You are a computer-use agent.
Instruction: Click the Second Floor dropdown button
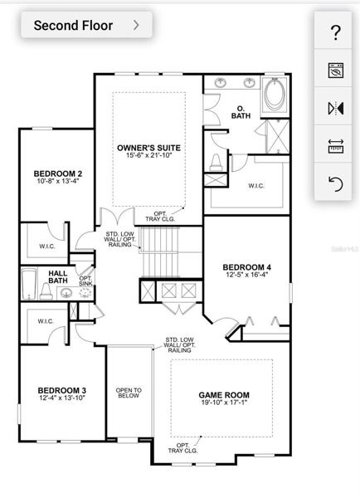(86, 25)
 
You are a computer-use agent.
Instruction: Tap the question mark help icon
(335, 32)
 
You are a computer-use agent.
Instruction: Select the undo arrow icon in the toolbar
(336, 184)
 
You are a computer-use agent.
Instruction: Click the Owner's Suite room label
(148, 148)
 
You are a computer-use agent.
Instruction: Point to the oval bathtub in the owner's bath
(275, 95)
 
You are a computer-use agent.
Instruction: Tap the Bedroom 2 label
(58, 173)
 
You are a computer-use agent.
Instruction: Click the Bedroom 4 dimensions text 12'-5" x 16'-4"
(247, 275)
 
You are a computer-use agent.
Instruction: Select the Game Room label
(224, 395)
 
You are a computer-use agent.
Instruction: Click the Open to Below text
(129, 393)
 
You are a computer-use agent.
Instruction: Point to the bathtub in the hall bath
(29, 284)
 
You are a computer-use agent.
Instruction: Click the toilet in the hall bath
(46, 291)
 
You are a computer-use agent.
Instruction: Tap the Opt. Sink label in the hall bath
(85, 281)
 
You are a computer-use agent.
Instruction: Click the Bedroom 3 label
(62, 390)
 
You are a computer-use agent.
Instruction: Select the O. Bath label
(241, 112)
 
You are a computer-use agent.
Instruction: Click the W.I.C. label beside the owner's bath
(256, 186)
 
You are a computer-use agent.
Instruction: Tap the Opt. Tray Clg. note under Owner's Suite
(160, 217)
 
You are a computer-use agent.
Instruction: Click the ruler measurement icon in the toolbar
(336, 146)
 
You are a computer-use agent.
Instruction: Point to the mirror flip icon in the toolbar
(336, 108)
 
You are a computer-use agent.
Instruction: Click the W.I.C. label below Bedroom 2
(47, 247)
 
